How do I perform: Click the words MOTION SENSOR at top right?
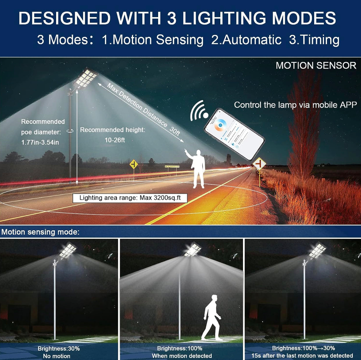pos(316,65)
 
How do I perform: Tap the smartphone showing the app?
pos(234,134)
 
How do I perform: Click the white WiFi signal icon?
pos(199,111)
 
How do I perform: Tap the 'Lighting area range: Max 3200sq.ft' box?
pos(130,198)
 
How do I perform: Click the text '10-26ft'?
pos(115,140)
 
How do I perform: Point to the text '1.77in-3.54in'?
pos(40,142)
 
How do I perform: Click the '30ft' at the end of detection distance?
pos(175,131)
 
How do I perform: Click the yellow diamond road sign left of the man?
pos(134,165)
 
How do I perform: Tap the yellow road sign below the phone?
pos(259,164)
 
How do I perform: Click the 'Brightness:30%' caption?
pos(59,348)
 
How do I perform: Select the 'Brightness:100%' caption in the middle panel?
pos(180,348)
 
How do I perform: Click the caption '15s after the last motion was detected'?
pos(302,356)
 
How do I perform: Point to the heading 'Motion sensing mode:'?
pos(40,232)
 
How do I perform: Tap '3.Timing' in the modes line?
pos(314,40)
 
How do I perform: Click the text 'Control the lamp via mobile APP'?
pos(295,105)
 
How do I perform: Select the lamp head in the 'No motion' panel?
pos(67,251)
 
